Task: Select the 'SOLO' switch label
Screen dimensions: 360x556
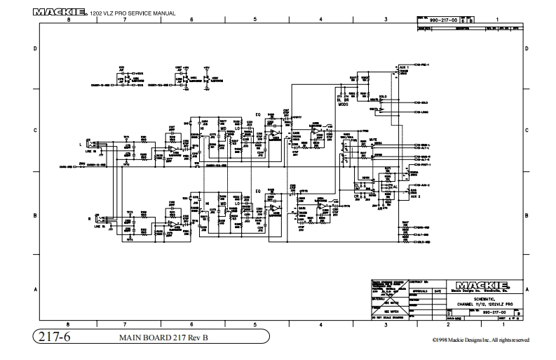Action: click(383, 95)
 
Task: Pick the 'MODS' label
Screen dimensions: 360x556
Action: click(344, 102)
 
